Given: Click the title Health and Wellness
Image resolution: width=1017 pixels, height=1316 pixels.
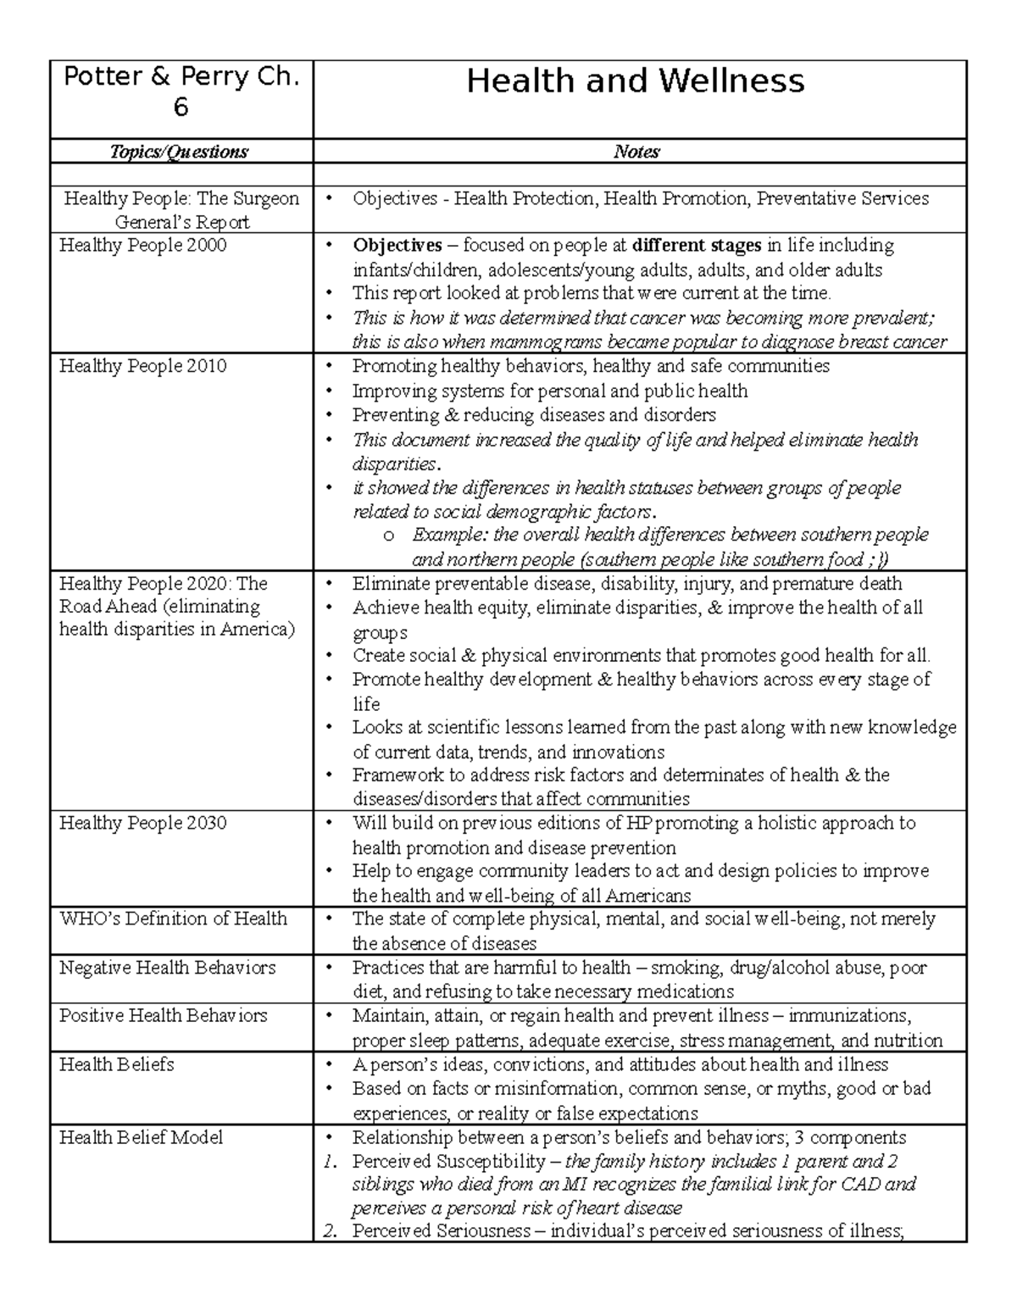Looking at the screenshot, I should click(x=635, y=81).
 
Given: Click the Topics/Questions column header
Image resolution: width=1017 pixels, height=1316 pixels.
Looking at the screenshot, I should click(x=179, y=152).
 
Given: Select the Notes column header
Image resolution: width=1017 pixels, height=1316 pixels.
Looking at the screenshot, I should click(x=636, y=152).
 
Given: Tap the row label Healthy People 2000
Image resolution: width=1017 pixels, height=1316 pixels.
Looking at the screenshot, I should click(x=142, y=246).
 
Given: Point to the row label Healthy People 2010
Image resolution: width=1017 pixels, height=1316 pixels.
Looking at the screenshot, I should click(x=142, y=366).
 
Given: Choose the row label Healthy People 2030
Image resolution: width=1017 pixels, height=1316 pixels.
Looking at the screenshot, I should click(x=142, y=823).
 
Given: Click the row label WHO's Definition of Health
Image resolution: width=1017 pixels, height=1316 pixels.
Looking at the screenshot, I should click(x=173, y=919).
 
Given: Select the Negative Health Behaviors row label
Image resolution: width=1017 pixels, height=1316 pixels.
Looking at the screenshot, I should click(x=167, y=968).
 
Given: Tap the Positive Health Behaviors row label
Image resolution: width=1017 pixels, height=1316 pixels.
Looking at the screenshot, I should click(x=163, y=1015).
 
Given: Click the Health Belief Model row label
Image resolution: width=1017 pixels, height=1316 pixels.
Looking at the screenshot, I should click(x=141, y=1137).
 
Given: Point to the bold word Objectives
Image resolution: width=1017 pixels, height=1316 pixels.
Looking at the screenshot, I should click(x=397, y=246).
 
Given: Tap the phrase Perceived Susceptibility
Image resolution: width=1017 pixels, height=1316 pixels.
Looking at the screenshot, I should click(x=448, y=1161).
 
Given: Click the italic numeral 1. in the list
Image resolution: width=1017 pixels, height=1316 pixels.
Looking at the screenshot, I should click(x=331, y=1161).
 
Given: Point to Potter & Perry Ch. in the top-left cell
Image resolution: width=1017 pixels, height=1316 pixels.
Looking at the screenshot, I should click(x=181, y=77).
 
